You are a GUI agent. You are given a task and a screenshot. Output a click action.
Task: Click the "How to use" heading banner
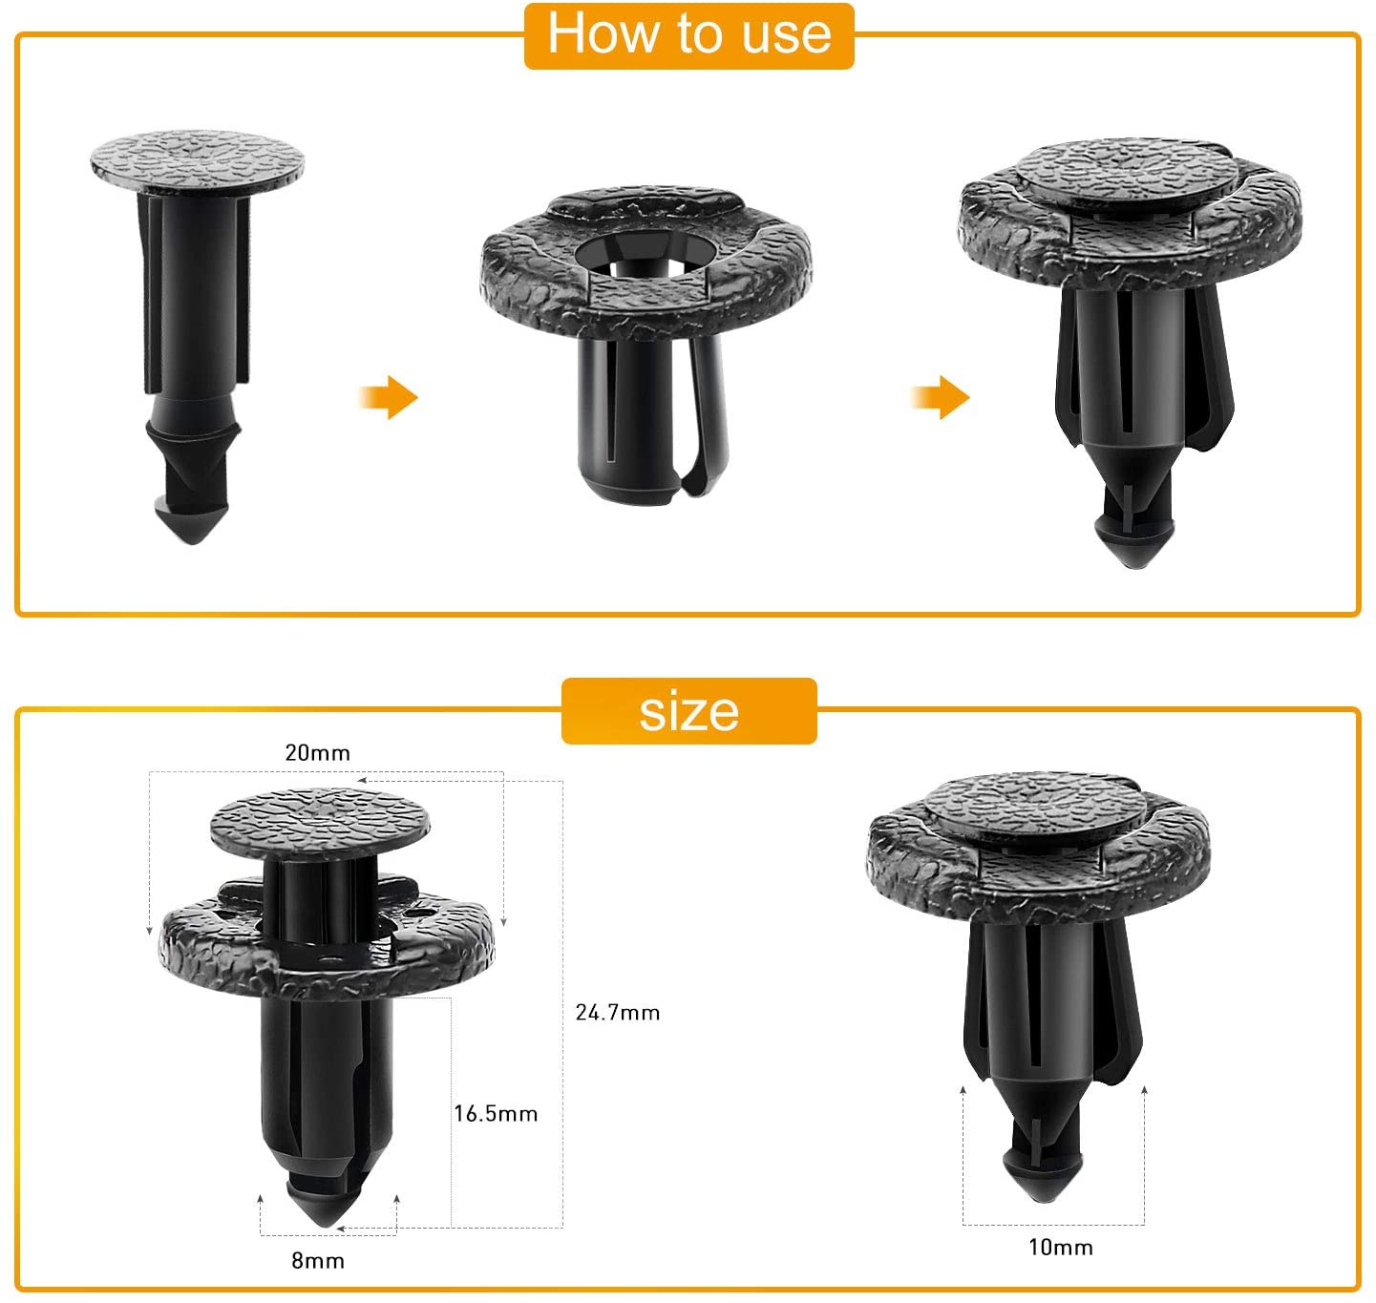tap(688, 35)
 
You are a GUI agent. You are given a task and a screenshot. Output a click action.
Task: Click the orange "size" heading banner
tap(688, 711)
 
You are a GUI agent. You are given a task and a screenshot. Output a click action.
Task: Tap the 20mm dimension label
tap(317, 753)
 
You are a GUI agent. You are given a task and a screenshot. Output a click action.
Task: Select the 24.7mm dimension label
tap(617, 1013)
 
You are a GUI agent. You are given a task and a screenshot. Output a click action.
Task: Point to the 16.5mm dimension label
tap(496, 1114)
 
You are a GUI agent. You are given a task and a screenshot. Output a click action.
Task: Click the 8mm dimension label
tap(317, 1261)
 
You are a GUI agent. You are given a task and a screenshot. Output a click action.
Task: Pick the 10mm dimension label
tap(1060, 1248)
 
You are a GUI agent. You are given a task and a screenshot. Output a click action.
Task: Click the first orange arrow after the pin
tap(390, 397)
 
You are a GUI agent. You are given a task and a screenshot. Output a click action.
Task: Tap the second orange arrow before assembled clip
tap(941, 397)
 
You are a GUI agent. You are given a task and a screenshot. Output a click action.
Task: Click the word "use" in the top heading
tap(785, 35)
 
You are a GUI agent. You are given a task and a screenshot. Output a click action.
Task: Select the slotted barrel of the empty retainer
tap(635, 420)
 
